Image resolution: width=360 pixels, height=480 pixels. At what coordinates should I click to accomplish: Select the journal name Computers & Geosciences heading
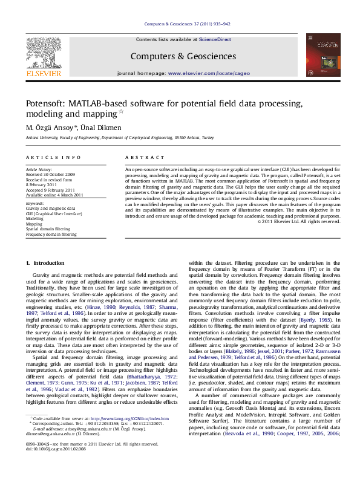[x=183, y=56]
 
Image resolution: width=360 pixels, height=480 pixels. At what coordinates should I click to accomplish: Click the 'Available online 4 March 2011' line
[x=54, y=195]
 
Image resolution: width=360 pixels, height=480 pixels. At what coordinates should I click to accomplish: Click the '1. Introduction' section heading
[x=45, y=264]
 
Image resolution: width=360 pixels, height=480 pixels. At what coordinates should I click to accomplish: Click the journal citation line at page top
[x=188, y=24]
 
